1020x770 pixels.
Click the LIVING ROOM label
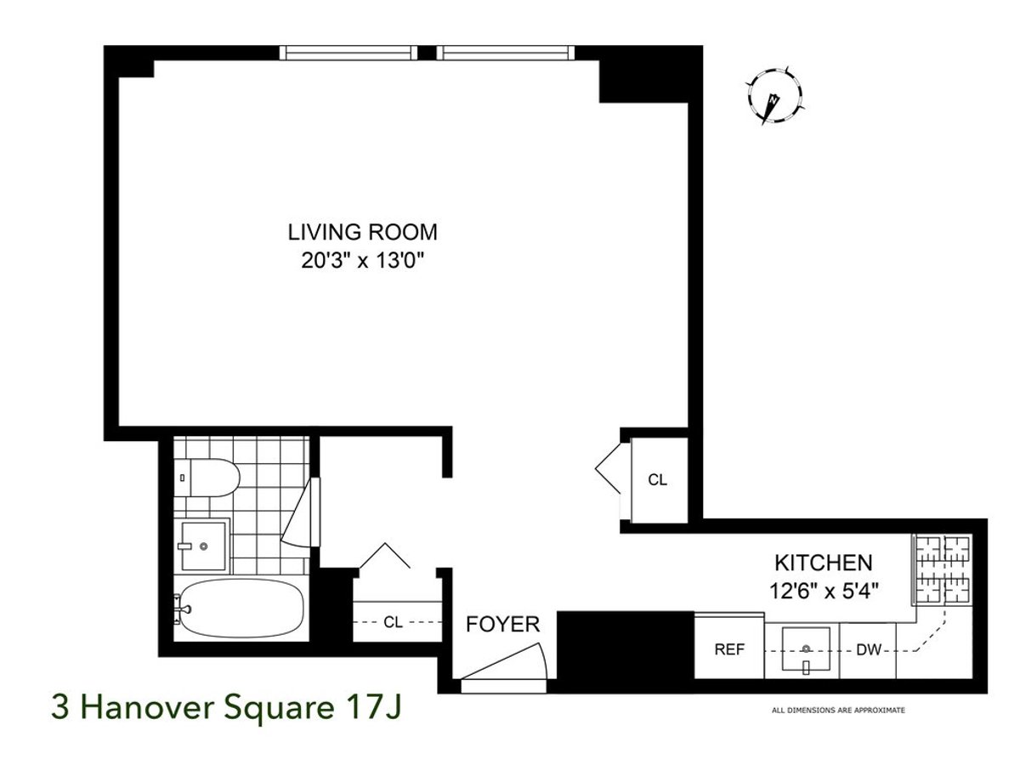362,231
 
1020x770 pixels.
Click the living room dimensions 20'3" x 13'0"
362,261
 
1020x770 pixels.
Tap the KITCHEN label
822,562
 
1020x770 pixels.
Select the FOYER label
503,625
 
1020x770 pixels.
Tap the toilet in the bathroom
207,478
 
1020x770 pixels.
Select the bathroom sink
204,544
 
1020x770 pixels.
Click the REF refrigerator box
728,650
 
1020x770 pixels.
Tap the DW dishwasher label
867,650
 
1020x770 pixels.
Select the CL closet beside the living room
658,480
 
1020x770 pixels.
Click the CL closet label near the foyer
393,622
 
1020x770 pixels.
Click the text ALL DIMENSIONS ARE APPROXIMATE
837,710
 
